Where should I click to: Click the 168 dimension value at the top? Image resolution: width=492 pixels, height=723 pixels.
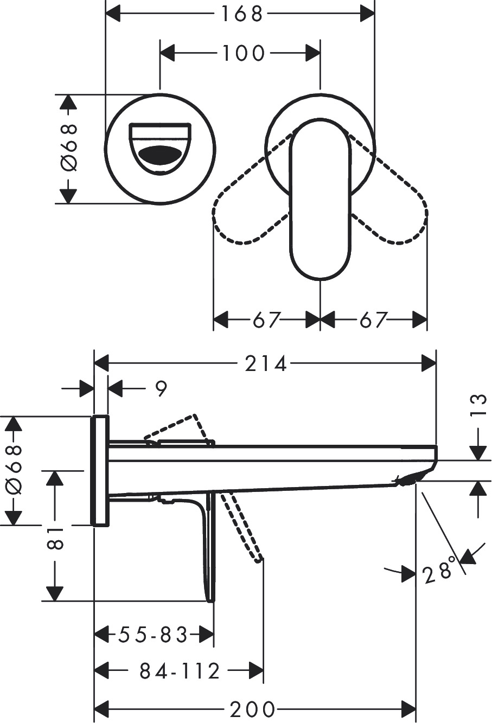(x=241, y=14)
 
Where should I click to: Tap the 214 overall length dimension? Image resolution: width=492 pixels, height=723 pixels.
(x=265, y=364)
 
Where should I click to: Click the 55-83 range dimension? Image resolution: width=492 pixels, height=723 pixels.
(x=154, y=634)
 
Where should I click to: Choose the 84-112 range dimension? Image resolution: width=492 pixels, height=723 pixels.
(x=180, y=671)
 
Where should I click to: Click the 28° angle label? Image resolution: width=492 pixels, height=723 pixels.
(x=438, y=572)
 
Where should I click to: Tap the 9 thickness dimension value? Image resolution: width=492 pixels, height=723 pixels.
(x=161, y=389)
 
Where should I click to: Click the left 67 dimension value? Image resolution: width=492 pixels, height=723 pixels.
(x=266, y=320)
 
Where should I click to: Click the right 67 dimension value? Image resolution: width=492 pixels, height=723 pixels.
(x=373, y=320)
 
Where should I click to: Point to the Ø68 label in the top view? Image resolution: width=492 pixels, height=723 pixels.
(x=68, y=148)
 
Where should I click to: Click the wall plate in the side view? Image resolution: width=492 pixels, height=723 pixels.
(x=100, y=471)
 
